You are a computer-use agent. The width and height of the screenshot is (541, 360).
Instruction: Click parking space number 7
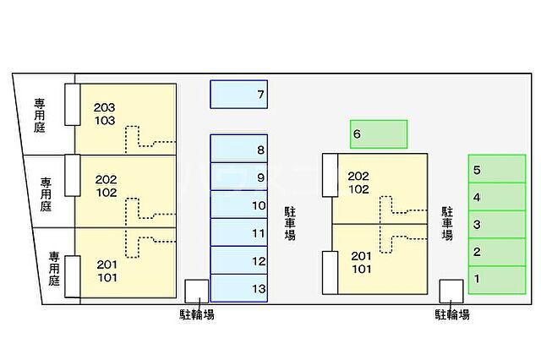(x=238, y=95)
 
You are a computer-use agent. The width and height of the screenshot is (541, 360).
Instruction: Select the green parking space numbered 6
(x=379, y=134)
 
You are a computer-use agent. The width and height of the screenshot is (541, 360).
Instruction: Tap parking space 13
(x=238, y=288)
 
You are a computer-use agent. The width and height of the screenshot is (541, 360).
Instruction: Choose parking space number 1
(x=497, y=280)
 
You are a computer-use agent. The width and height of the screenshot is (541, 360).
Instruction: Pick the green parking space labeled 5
(x=497, y=169)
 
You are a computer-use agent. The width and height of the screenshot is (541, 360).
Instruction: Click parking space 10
(x=238, y=205)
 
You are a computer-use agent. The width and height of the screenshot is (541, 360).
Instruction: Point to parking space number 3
(x=497, y=225)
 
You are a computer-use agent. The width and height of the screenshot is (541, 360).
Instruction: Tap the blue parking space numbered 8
(x=238, y=148)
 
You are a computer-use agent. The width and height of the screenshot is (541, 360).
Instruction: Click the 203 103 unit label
(x=105, y=114)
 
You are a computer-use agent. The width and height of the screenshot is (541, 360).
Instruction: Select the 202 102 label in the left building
(x=107, y=186)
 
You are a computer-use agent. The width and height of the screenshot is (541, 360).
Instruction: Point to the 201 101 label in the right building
(x=362, y=263)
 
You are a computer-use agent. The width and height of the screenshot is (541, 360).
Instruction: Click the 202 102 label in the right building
(x=358, y=183)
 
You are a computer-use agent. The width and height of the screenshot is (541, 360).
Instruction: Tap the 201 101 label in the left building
(x=107, y=271)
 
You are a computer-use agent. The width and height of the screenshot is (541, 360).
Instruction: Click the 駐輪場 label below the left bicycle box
(x=197, y=314)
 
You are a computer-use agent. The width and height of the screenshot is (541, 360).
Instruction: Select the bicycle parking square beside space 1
(x=451, y=292)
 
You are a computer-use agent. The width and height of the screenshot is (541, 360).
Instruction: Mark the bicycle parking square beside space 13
(x=197, y=292)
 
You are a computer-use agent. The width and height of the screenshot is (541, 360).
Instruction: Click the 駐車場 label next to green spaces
(x=447, y=223)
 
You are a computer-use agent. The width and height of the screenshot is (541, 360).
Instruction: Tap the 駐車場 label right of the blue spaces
(x=290, y=223)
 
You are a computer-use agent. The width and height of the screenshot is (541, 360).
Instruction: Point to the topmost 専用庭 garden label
(x=40, y=116)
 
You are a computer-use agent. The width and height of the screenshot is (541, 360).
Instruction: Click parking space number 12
(x=238, y=260)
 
